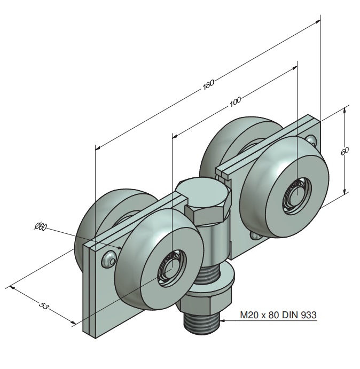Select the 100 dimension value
tap(235, 100)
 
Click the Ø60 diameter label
tap(41, 227)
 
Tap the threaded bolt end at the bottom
tap(201, 323)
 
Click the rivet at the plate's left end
tap(110, 259)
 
